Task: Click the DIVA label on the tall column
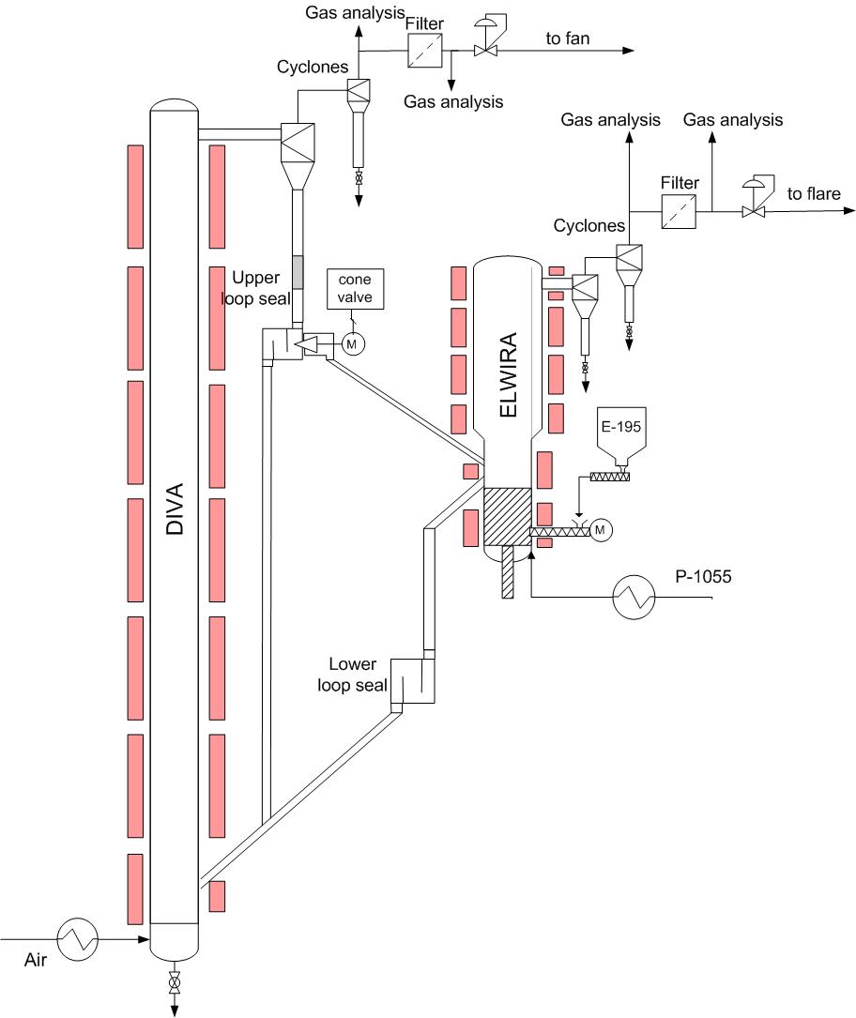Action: (175, 509)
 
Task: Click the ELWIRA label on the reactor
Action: (509, 374)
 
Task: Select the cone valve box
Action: (355, 289)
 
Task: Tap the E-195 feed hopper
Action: (621, 435)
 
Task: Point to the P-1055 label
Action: (703, 576)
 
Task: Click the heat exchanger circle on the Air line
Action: (78, 939)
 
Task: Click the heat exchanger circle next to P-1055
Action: (634, 597)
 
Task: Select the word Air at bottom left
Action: (36, 960)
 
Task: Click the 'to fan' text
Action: (568, 38)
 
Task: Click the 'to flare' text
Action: (814, 193)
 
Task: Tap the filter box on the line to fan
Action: (425, 50)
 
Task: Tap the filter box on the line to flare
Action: (679, 211)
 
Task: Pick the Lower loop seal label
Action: (352, 675)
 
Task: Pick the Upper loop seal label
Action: (256, 288)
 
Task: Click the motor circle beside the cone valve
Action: (352, 343)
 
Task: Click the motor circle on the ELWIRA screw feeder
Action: (600, 530)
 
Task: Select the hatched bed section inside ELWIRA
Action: (507, 517)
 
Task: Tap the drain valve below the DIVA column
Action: (174, 982)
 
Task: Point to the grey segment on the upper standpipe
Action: (298, 272)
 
